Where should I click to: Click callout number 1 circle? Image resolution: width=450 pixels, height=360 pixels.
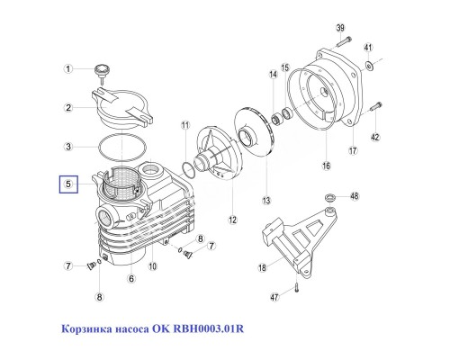(x=67, y=68)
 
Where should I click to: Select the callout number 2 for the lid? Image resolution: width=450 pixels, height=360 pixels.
(x=67, y=109)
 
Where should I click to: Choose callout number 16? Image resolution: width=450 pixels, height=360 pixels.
(x=327, y=166)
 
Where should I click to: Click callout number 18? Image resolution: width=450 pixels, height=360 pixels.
(x=261, y=267)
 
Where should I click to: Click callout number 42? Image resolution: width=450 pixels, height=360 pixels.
(x=375, y=137)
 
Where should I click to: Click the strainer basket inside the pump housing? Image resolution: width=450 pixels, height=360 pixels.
(x=122, y=184)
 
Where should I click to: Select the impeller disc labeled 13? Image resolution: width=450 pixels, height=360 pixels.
(x=244, y=139)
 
